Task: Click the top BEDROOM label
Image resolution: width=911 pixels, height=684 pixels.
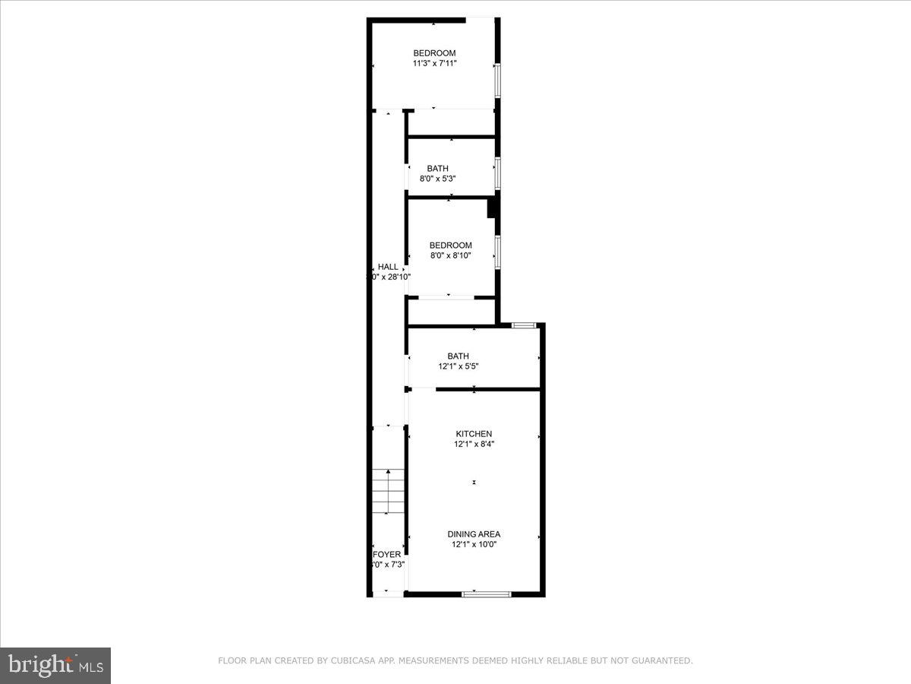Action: click(434, 52)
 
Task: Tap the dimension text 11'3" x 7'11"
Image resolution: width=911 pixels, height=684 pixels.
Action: click(434, 64)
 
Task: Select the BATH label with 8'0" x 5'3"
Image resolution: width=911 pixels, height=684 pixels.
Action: click(437, 168)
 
